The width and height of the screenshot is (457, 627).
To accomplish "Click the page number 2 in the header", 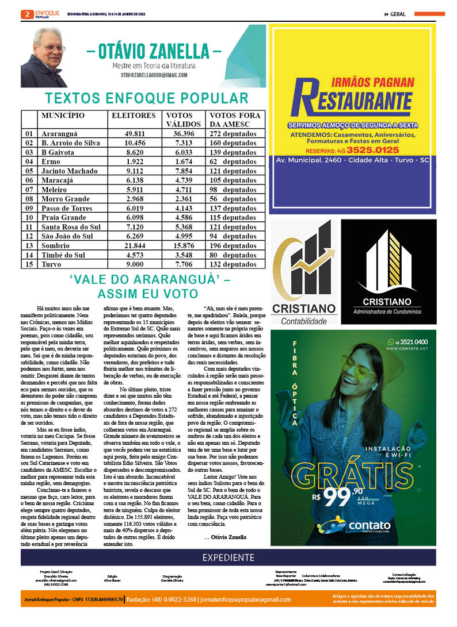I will pos(26,14).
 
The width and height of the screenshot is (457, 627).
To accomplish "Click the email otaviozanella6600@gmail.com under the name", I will pos(154,75).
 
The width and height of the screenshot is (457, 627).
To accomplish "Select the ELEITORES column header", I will pos(133,116).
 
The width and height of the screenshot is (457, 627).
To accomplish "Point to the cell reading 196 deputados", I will pos(233,245).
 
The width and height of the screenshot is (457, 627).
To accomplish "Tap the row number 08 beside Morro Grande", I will pos(29,199).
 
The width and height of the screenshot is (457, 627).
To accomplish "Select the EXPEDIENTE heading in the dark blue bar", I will pos(228,557).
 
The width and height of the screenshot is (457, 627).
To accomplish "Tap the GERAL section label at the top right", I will pos(397,14).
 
